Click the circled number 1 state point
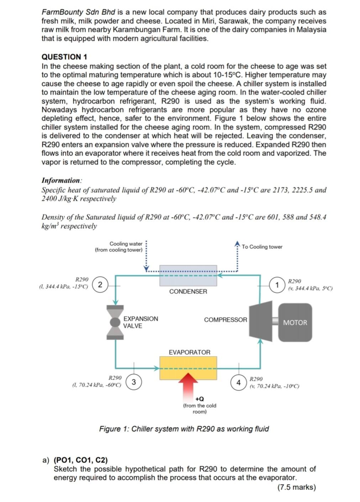tap(277, 285)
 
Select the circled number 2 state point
tap(100, 284)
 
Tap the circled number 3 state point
tap(134, 382)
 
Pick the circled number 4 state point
tap(239, 382)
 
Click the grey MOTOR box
tap(295, 323)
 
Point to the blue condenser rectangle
tap(188, 276)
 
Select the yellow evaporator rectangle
tap(188, 368)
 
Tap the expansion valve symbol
tap(115, 322)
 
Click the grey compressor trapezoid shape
tap(260, 320)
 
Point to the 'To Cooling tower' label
tap(262, 247)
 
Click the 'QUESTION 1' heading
tap(64, 57)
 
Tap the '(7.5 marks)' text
tap(296, 487)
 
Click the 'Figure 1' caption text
tap(184, 429)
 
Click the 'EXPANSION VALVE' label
tap(140, 322)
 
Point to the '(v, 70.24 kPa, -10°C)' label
tap(274, 386)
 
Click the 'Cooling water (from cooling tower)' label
tap(119, 247)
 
